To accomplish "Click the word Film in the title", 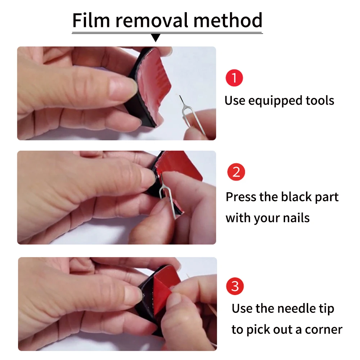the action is coord(91,20).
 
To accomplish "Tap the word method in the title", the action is coord(228,20).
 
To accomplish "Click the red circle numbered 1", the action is coord(234,78).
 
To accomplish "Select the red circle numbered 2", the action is coord(236,172).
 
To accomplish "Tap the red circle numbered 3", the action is coord(235,286).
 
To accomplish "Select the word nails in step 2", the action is coord(296,218).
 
